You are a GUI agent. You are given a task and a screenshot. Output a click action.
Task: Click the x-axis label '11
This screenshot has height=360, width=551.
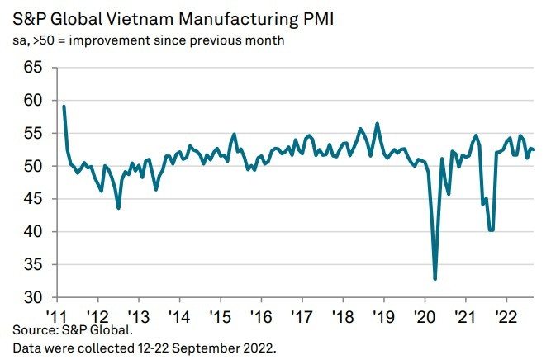(x=56, y=316)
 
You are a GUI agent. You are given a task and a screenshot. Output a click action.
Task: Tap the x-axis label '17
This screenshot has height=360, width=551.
(x=302, y=316)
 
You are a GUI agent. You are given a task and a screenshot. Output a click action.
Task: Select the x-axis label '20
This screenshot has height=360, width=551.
(x=424, y=316)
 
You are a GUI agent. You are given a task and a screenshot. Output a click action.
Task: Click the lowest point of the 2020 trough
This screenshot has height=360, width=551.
(x=435, y=279)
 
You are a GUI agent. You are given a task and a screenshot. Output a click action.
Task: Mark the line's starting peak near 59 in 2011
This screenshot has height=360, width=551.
(x=64, y=106)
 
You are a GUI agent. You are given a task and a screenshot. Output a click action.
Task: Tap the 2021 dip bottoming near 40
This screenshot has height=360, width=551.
(x=492, y=230)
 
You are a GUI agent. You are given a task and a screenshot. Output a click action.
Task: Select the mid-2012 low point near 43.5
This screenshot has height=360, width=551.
(x=119, y=208)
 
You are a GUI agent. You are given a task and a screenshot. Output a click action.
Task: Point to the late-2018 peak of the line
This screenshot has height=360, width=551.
(x=378, y=124)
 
